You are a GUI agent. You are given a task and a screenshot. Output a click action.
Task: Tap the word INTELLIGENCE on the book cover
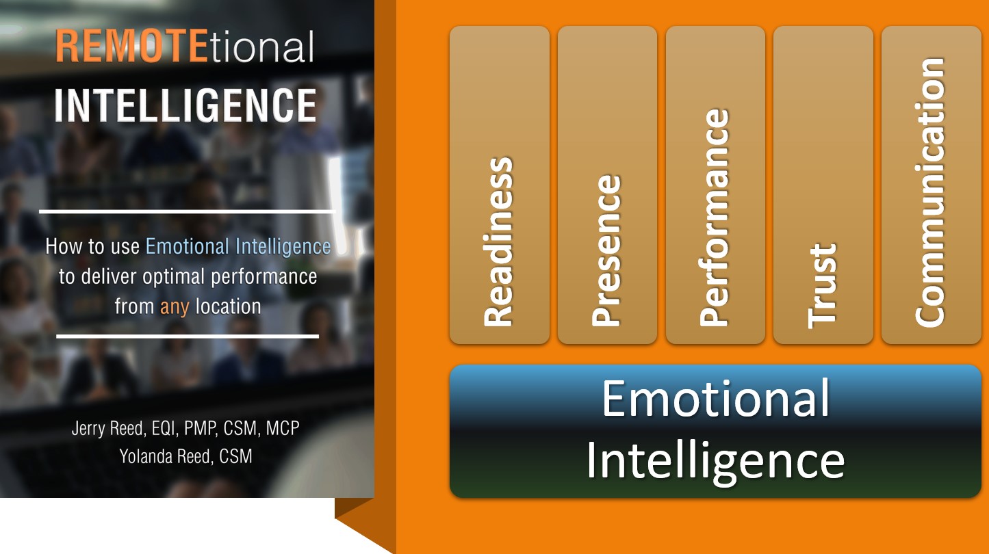185,105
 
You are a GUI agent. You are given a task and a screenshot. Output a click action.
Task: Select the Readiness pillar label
499,241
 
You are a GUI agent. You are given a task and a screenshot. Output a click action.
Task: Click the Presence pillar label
606,250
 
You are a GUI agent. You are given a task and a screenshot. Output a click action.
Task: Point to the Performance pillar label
715,217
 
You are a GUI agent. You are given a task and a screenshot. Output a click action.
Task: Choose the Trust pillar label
823,286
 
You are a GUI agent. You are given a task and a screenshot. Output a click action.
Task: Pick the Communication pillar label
930,192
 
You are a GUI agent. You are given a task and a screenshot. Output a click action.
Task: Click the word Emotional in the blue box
716,398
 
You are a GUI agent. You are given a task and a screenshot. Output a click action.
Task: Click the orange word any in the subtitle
175,307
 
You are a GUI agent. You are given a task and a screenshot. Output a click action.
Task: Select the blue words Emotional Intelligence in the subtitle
238,247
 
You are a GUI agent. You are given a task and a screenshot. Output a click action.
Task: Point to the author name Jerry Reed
109,428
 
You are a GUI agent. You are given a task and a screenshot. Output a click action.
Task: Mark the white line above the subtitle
188,211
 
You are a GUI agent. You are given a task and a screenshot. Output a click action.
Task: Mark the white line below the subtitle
188,336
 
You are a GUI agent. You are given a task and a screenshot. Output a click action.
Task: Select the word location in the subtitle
228,306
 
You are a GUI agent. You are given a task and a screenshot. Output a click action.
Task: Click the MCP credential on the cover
283,428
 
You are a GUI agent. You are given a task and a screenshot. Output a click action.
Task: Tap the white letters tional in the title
261,46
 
